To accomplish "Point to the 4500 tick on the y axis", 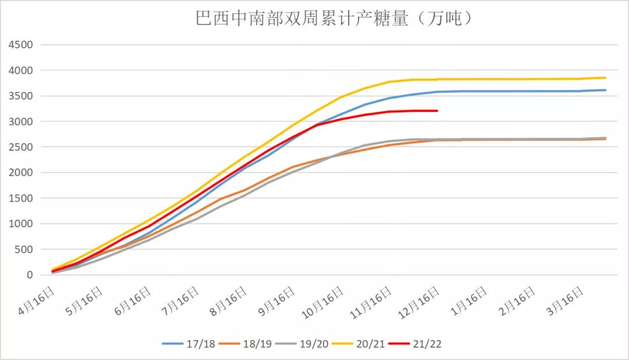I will pos(21,45).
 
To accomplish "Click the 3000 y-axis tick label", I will pos(21,122).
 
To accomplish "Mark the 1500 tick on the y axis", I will pos(21,198).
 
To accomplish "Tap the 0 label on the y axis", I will pos(29,275).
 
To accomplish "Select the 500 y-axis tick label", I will pos(24,249).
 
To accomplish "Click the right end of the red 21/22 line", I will pos(437,111).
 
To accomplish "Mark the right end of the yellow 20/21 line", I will pos(606,77).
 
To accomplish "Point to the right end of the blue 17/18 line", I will pos(606,90).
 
